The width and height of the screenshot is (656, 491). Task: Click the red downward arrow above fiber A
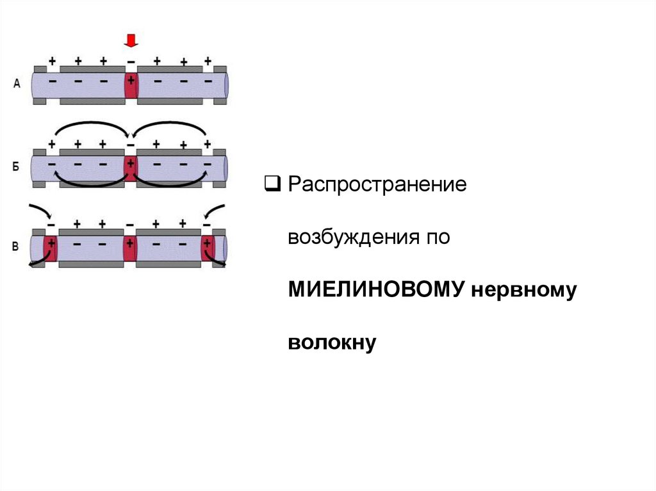pos(131,42)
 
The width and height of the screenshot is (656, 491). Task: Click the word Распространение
pos(377,186)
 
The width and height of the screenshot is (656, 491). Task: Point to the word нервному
pos(525,290)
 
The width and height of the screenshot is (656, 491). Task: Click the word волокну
pos(331,342)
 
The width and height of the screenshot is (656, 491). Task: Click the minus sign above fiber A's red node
pos(131,63)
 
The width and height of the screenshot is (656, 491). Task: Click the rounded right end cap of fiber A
pos(226,84)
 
